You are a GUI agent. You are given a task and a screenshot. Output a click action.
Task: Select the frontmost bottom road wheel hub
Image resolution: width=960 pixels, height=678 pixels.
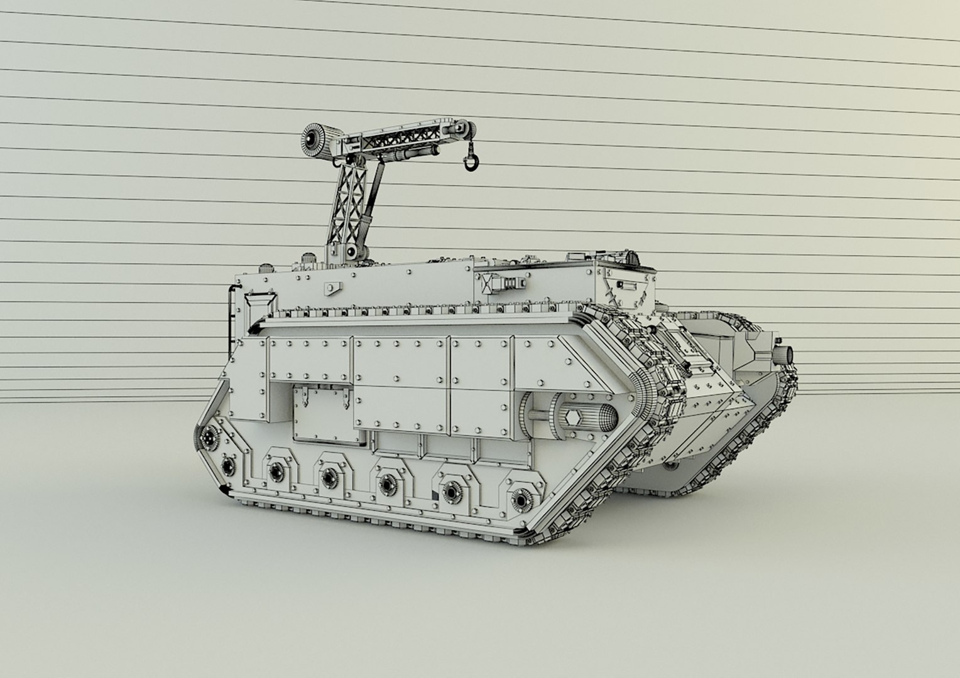click(x=521, y=498)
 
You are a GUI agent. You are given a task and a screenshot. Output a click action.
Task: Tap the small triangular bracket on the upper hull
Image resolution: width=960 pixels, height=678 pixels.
click(x=330, y=288)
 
